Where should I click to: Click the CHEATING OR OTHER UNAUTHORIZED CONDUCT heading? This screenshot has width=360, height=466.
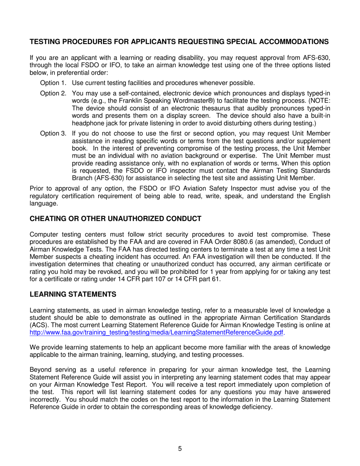[116, 219]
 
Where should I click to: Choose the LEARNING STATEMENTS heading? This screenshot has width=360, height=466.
[73, 294]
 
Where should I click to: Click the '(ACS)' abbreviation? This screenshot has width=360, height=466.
[38, 325]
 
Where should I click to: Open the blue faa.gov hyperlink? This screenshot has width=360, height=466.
[156, 332]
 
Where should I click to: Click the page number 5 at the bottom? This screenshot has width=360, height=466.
[180, 449]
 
